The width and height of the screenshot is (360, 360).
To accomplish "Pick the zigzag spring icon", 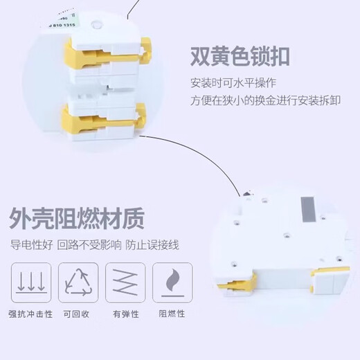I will click(126, 282).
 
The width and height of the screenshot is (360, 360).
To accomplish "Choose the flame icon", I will click(174, 282).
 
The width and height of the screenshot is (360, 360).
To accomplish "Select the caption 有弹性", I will click(126, 314).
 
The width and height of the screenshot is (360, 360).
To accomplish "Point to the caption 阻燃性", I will click(174, 314).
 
